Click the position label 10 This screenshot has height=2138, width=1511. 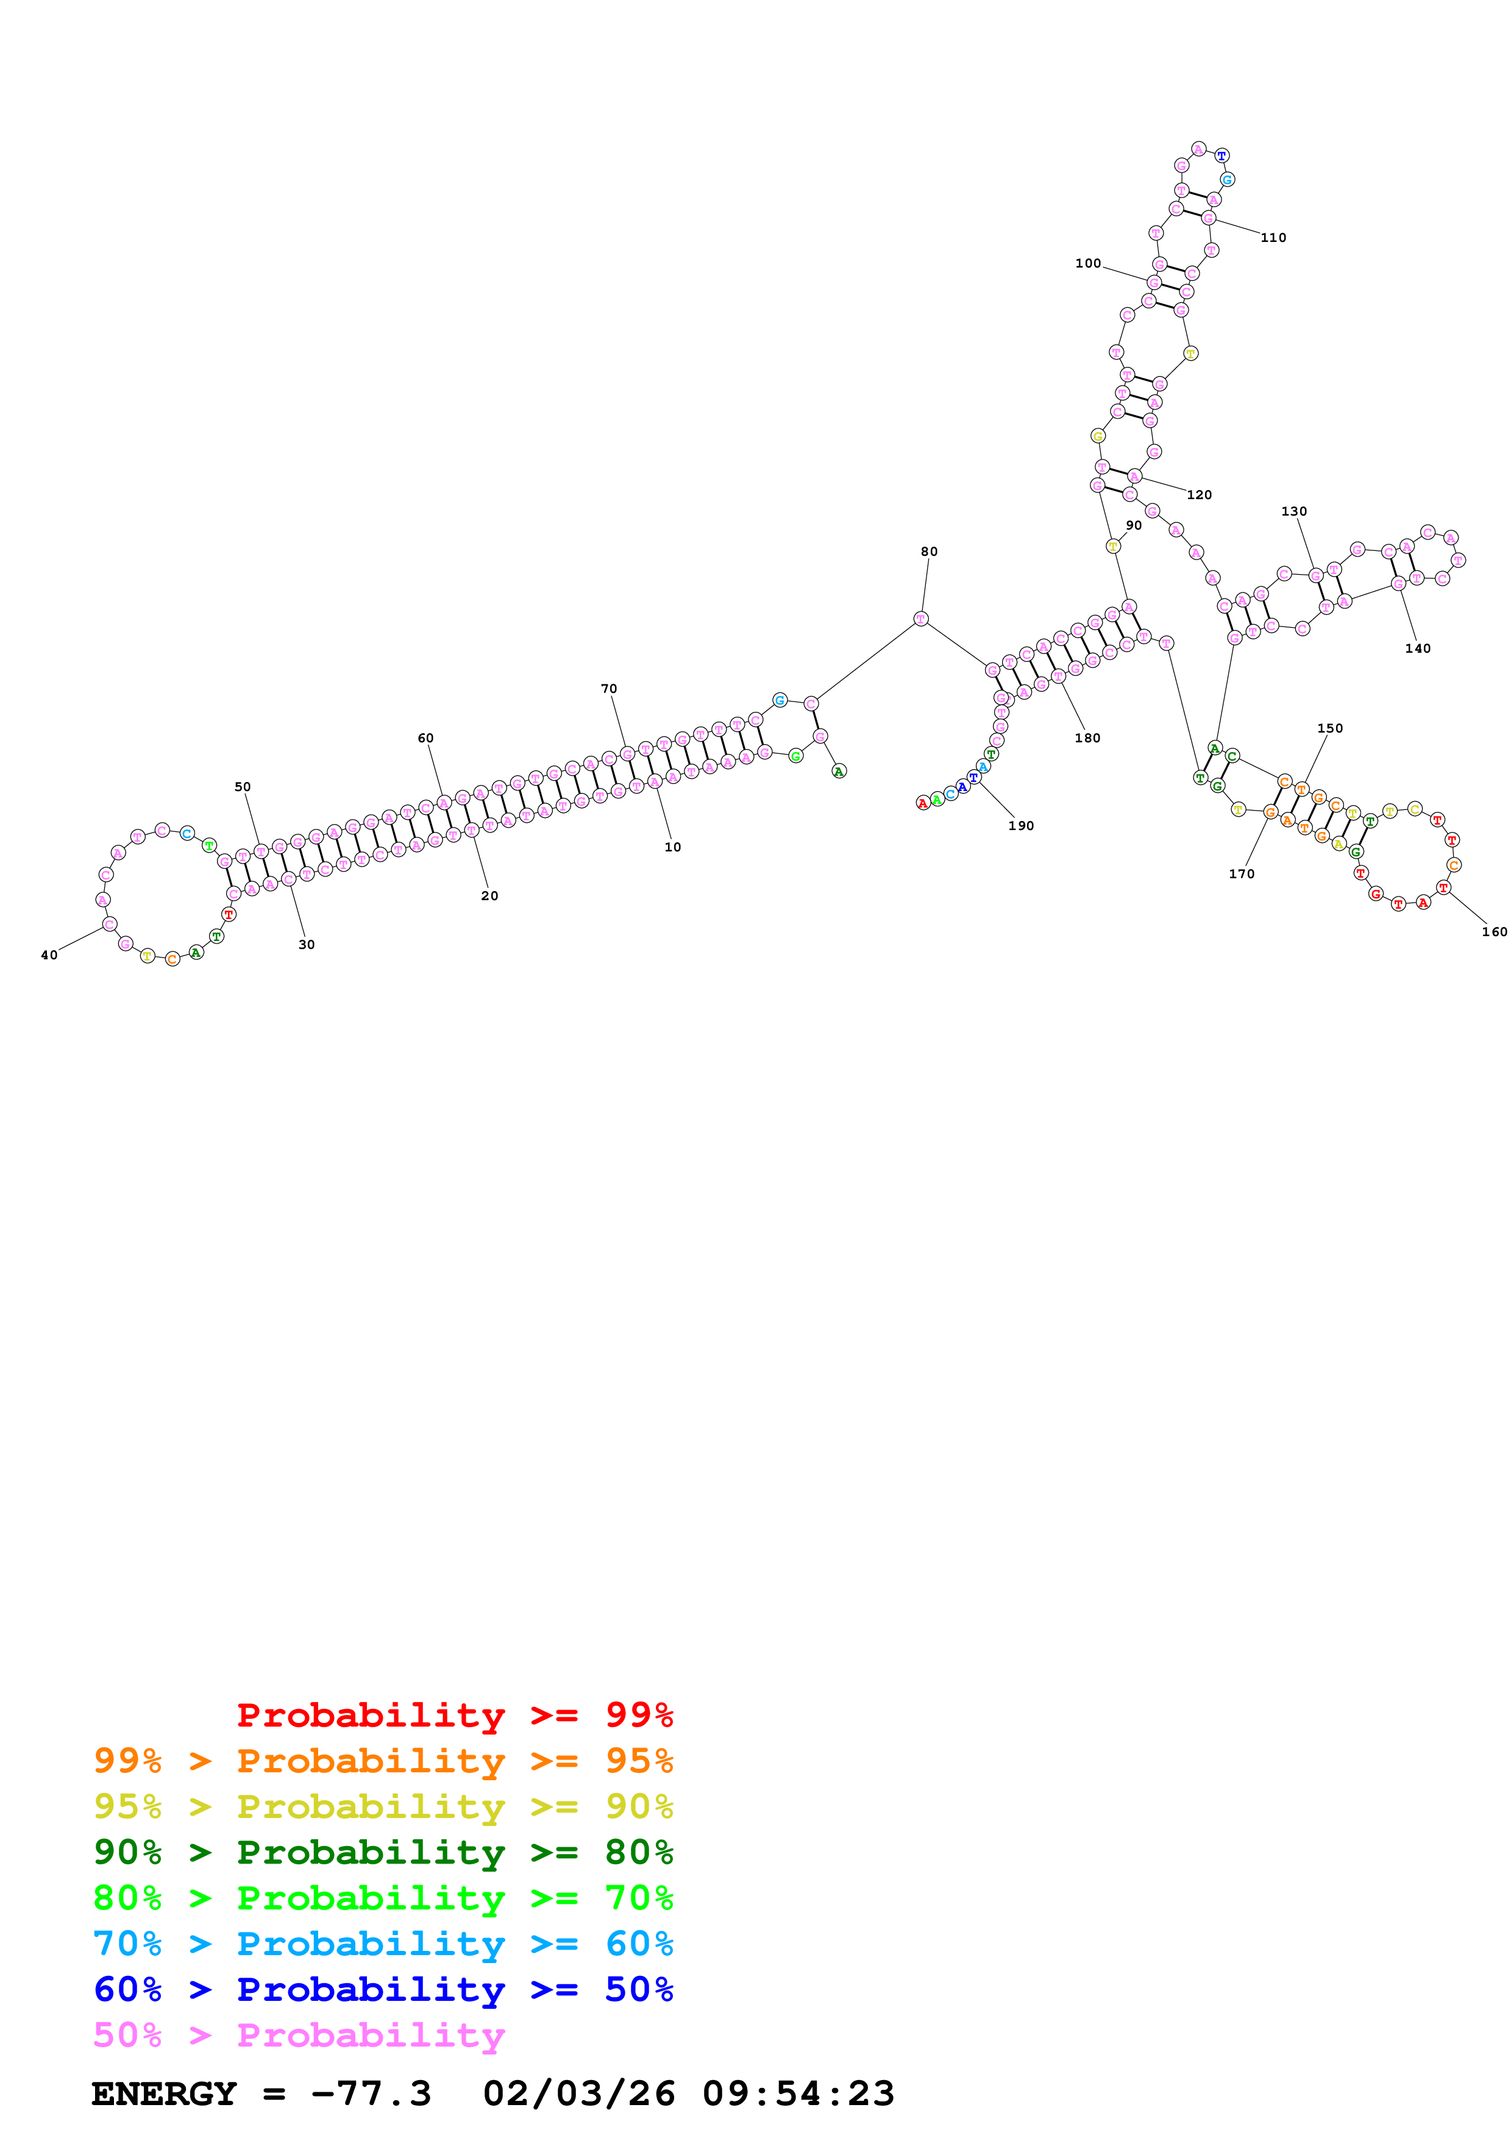pos(672,847)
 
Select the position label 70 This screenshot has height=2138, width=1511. pos(609,688)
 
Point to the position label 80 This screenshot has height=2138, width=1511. pos(929,552)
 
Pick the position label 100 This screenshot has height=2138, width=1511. pos(1087,263)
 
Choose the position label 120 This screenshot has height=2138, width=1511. pos(1199,494)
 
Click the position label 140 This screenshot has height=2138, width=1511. pos(1418,648)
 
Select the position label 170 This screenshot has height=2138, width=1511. pos(1241,873)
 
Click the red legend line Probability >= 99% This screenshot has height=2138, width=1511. pos(454,1714)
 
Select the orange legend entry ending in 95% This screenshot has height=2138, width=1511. pos(383,1760)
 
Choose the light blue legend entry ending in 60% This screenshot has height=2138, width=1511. pos(383,1944)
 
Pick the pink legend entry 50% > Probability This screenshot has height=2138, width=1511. pos(298,2034)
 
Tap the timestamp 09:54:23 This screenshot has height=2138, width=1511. pos(798,2094)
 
